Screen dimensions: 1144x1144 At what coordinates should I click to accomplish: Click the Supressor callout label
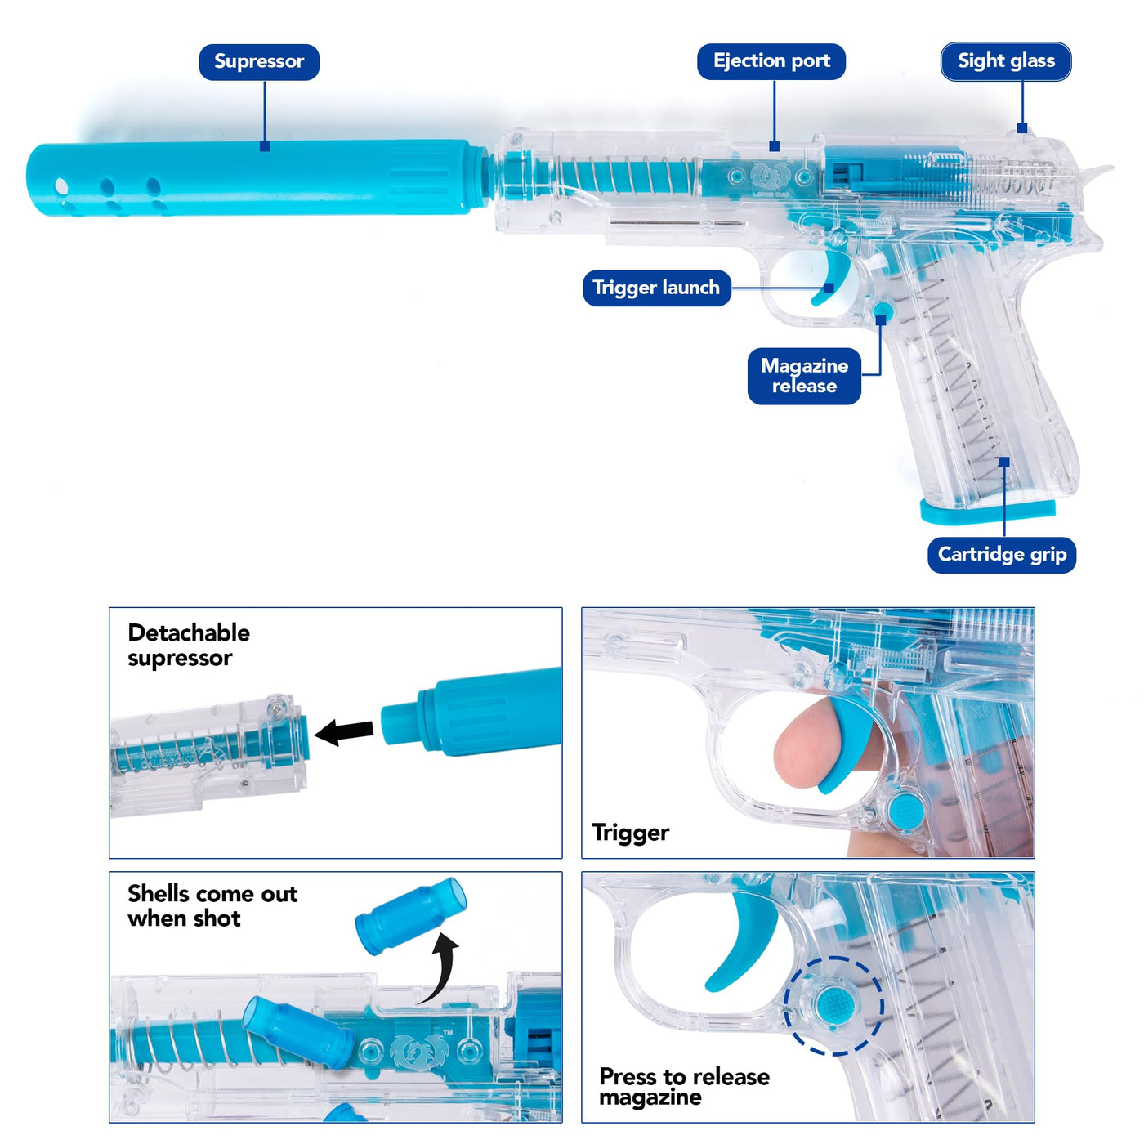259,62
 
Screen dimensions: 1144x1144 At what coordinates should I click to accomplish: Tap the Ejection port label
771,61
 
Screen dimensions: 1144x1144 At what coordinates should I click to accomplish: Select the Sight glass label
1006,61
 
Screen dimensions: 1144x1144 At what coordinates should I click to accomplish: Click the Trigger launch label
656,288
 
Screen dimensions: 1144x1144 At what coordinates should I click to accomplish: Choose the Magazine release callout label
804,376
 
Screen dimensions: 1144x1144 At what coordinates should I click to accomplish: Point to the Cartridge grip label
1002,555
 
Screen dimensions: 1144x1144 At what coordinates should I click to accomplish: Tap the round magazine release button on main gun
883,311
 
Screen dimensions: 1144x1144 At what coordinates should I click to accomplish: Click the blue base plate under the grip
987,511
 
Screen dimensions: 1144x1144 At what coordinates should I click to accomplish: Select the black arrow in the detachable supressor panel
344,731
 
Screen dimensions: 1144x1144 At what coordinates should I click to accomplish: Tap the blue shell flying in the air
411,916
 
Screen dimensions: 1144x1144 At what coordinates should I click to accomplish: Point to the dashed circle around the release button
833,1005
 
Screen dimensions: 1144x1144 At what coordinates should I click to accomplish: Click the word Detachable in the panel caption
189,632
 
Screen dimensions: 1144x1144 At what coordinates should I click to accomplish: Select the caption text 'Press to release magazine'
684,1087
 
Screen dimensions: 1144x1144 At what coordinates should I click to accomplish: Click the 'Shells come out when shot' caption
212,905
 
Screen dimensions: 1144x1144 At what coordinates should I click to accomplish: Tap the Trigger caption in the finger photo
630,833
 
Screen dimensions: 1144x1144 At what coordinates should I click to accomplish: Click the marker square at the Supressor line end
265,146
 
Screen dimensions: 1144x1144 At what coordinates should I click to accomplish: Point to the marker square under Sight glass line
1021,127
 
